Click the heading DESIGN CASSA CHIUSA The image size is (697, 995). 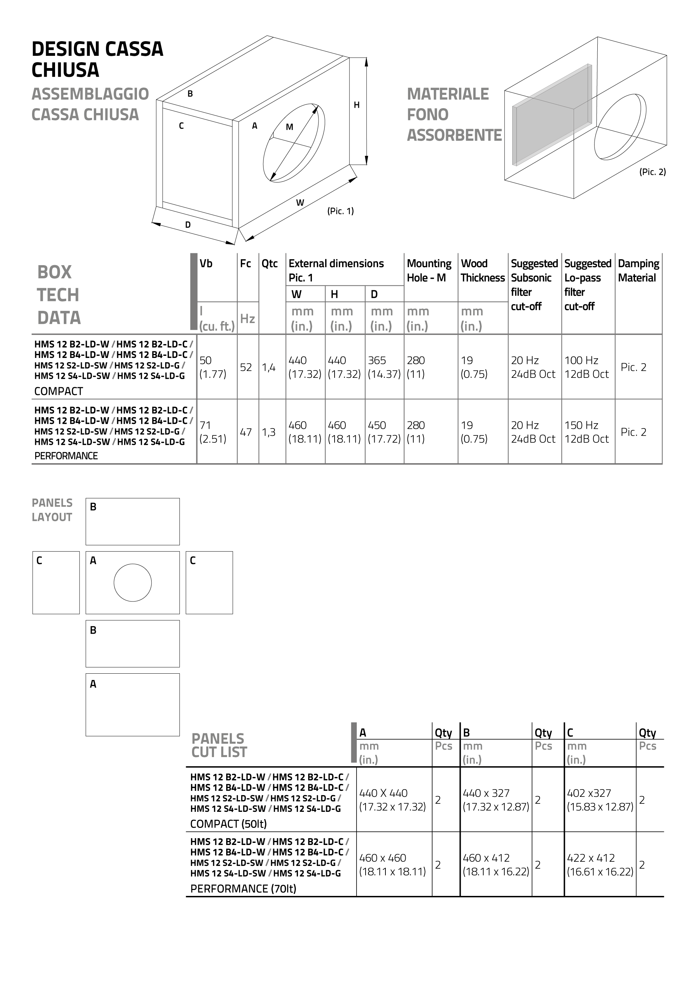click(98, 59)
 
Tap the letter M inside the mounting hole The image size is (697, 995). click(290, 127)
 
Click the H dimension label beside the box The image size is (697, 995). click(357, 105)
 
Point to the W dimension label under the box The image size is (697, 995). click(300, 202)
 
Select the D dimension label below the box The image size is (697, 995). click(188, 225)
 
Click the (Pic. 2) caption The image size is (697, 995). click(652, 172)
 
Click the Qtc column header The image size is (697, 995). click(269, 263)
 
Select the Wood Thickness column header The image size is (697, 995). click(482, 270)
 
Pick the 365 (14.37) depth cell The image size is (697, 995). click(384, 367)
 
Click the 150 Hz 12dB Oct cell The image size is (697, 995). click(586, 432)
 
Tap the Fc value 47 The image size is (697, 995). click(246, 432)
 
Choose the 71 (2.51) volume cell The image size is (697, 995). click(213, 432)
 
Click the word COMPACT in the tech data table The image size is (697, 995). click(59, 391)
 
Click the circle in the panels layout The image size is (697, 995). click(132, 582)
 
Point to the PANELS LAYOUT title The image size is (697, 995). click(52, 510)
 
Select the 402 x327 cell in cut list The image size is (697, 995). click(599, 800)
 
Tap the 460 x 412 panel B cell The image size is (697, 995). click(496, 865)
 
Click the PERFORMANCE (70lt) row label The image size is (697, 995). click(243, 889)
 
